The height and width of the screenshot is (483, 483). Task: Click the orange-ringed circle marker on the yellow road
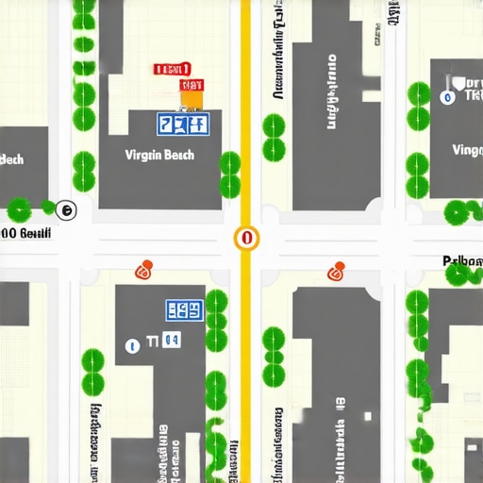click(x=246, y=238)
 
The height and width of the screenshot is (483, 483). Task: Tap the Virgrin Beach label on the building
click(x=159, y=155)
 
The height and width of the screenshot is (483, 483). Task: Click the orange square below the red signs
click(x=192, y=99)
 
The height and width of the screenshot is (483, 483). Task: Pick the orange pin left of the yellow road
click(x=143, y=271)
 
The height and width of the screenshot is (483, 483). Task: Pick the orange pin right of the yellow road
click(x=336, y=272)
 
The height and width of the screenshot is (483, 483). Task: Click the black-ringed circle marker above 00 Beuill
click(x=65, y=209)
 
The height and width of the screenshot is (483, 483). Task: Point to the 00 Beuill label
click(x=26, y=232)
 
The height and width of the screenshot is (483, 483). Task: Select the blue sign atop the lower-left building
click(x=184, y=309)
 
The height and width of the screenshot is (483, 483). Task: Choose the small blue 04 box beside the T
click(x=171, y=340)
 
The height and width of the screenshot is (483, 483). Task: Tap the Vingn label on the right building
click(x=467, y=150)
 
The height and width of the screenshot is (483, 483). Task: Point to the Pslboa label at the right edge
click(x=462, y=259)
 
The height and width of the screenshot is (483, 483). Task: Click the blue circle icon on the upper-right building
click(x=446, y=96)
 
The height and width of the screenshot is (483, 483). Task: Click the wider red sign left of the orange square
click(x=172, y=69)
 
